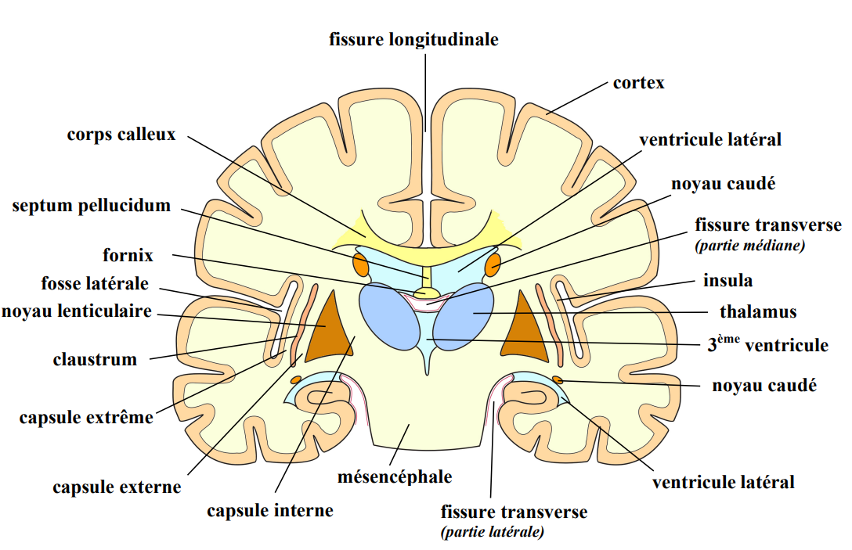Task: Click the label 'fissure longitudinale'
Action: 413,40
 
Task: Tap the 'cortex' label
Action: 638,82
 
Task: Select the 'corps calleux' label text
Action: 121,134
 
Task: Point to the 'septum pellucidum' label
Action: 92,206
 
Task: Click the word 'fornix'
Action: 128,255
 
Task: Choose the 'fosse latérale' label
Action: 95,283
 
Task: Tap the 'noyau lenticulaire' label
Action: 77,311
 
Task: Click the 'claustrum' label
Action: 95,360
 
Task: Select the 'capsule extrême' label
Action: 86,417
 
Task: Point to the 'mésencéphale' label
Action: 395,476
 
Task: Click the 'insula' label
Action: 727,280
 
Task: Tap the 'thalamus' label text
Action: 758,312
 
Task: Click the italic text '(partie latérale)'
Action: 493,533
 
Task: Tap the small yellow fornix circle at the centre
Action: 428,294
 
